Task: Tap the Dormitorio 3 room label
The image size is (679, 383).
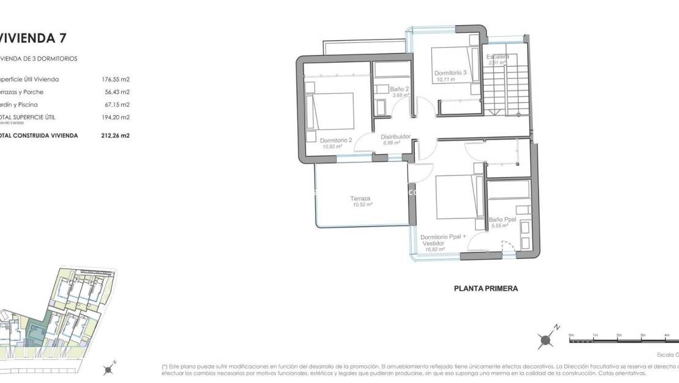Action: click(x=451, y=73)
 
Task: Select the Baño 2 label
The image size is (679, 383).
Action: click(x=399, y=89)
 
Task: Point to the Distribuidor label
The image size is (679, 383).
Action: click(x=395, y=136)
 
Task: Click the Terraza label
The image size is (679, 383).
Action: click(x=360, y=198)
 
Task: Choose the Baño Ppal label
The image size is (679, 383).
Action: click(x=503, y=220)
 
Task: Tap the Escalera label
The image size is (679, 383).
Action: click(x=497, y=57)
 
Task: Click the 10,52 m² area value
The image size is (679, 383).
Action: click(x=363, y=205)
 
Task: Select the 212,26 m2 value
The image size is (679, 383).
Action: click(x=116, y=136)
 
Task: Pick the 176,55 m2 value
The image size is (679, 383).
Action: click(x=116, y=80)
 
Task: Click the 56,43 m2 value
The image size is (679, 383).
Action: click(x=117, y=92)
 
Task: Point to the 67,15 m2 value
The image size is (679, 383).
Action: click(x=117, y=105)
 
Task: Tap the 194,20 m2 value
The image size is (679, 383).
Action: click(x=116, y=117)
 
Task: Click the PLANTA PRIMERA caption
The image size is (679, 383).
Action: click(x=486, y=288)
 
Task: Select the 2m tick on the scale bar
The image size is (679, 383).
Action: click(x=618, y=335)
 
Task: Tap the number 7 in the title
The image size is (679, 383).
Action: click(x=62, y=38)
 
